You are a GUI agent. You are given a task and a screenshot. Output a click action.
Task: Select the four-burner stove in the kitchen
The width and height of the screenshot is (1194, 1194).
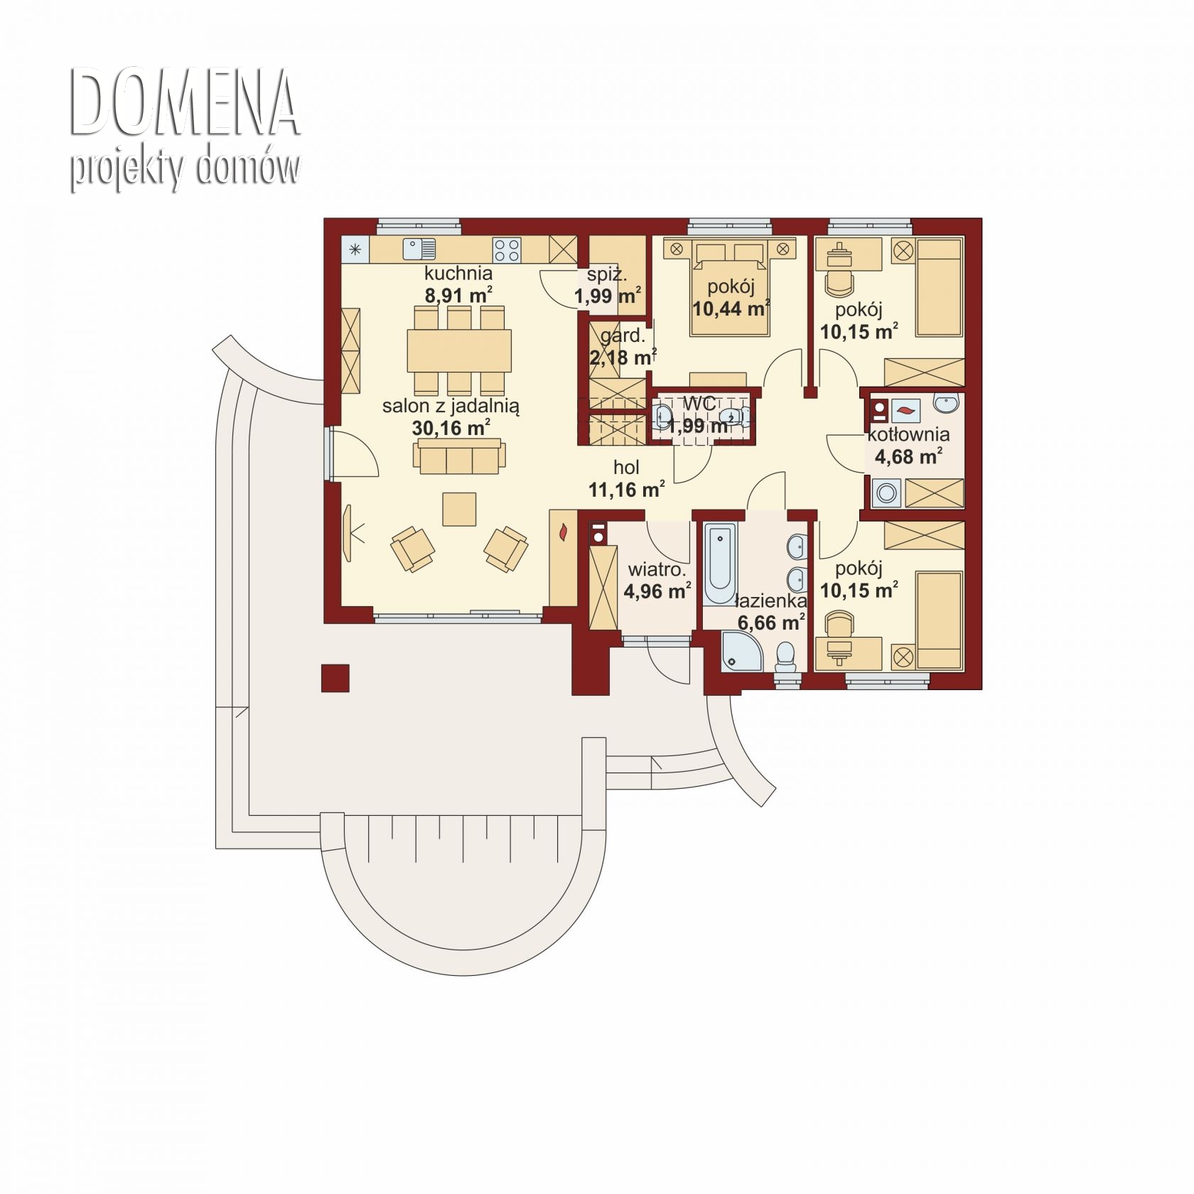tap(507, 249)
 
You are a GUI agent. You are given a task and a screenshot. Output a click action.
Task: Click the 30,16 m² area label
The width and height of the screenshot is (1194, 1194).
tap(451, 428)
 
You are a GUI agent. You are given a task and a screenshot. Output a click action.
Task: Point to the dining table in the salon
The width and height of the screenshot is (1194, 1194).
tap(459, 350)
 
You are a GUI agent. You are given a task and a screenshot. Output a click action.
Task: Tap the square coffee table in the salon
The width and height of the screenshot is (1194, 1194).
tap(459, 509)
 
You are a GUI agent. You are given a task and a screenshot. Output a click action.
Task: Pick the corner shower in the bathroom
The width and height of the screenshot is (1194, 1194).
tap(742, 650)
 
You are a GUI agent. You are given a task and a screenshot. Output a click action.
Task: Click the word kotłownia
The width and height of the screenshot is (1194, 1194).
tap(908, 434)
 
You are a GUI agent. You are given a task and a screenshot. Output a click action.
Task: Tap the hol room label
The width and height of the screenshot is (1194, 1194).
tap(626, 467)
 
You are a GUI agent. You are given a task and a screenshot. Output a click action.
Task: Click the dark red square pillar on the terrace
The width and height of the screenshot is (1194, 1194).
tap(335, 678)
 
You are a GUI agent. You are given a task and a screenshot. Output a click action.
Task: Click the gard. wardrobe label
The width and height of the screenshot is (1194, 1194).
tap(623, 336)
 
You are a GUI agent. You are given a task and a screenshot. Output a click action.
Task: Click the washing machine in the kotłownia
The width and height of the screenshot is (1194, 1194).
tap(886, 493)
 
